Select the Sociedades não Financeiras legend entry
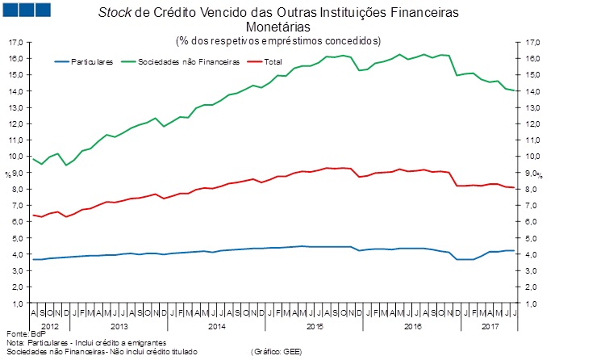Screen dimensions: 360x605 pos(190,61)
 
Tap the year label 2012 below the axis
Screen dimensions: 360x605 pos(48,325)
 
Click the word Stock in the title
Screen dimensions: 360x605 pos(115,14)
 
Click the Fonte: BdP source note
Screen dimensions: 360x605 pos(21,333)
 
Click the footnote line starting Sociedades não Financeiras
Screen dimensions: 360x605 pos(90,351)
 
